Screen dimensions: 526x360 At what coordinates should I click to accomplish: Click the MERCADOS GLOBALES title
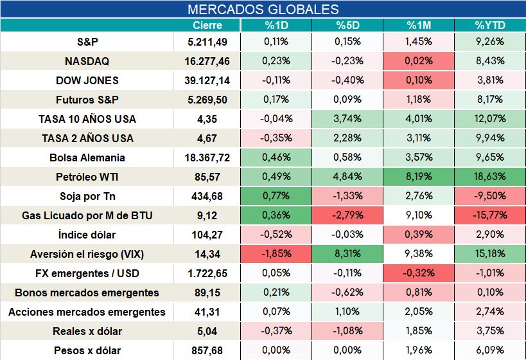(x=263, y=10)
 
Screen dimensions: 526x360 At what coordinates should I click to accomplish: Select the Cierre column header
(x=207, y=25)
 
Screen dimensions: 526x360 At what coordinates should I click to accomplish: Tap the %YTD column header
(x=490, y=25)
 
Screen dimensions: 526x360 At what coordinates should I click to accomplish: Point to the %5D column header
(x=347, y=25)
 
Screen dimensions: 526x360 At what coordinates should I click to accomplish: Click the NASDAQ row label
(x=87, y=61)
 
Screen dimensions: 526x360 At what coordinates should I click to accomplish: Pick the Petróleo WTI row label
(x=87, y=177)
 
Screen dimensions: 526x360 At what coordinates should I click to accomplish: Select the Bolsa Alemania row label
(x=87, y=157)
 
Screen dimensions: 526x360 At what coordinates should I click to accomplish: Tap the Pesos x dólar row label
(x=87, y=350)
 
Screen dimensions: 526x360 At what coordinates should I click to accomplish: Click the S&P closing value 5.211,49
(x=207, y=42)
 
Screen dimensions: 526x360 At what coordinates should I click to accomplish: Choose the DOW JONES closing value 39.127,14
(x=207, y=80)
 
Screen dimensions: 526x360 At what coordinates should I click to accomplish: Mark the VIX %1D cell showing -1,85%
(x=276, y=253)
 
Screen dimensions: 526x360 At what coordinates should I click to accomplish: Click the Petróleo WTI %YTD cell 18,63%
(x=490, y=176)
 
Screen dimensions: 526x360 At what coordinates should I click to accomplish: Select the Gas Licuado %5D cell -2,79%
(x=347, y=215)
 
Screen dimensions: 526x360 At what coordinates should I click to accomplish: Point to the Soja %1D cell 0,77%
(x=276, y=195)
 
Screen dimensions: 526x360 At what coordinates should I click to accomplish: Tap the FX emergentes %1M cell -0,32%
(x=419, y=273)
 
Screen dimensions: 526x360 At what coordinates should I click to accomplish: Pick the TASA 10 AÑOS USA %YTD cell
(x=490, y=118)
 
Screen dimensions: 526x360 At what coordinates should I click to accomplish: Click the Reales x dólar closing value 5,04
(x=207, y=332)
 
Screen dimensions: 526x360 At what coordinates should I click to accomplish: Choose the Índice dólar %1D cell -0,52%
(x=276, y=234)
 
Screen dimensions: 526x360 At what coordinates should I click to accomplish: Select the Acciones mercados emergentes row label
(x=87, y=312)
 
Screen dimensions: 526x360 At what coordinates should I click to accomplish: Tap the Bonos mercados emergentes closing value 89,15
(x=207, y=293)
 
